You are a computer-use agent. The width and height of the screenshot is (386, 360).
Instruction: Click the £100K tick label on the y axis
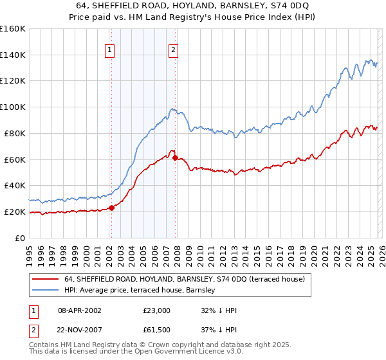pos(12,107)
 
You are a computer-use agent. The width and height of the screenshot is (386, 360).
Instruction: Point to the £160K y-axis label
pos(12,28)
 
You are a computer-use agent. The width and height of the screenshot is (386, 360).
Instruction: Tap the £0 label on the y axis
pos(19,238)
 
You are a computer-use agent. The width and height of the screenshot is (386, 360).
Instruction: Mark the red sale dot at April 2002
pos(111,208)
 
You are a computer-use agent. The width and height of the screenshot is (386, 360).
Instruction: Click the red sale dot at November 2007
pos(176,157)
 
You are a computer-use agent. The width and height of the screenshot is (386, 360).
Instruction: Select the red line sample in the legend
pos(45,279)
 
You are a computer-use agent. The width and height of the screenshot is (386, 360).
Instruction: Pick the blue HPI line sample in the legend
pos(45,290)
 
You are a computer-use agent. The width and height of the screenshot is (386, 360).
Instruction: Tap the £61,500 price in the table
pos(157,330)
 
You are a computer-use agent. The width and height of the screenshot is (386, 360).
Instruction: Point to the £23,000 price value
pos(157,310)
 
